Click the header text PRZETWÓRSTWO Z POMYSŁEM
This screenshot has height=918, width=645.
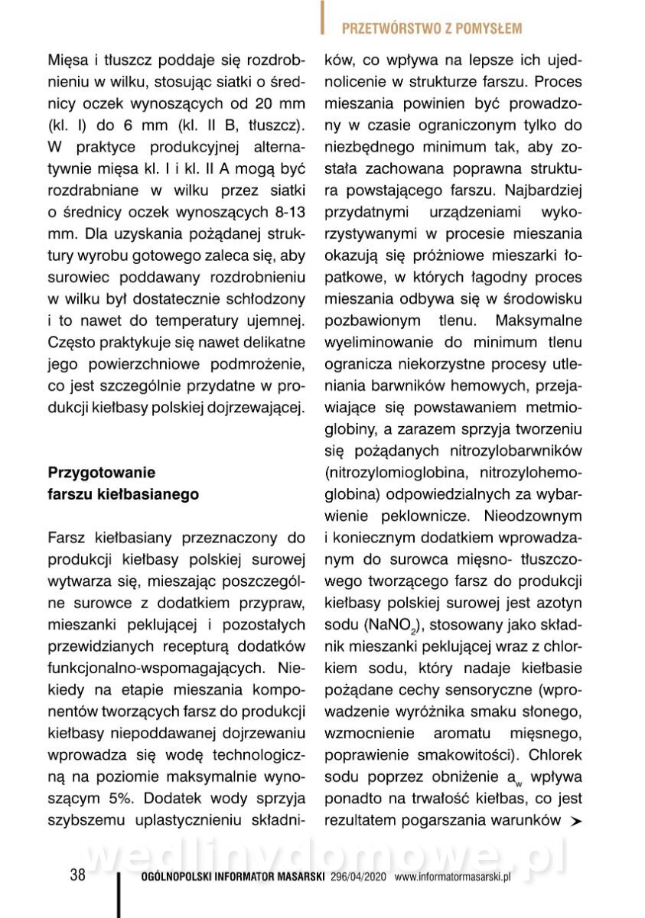coord(432,29)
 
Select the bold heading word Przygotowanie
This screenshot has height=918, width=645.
coord(101,471)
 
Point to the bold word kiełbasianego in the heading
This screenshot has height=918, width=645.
coord(155,494)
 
